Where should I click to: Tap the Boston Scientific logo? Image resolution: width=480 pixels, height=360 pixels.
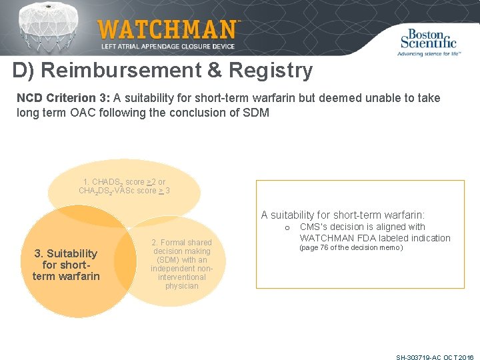click(x=429, y=39)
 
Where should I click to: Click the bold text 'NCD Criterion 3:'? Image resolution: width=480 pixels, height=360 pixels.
click(x=63, y=98)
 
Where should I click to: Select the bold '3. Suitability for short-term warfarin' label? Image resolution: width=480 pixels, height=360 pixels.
click(x=66, y=265)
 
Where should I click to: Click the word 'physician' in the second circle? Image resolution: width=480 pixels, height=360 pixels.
click(x=181, y=286)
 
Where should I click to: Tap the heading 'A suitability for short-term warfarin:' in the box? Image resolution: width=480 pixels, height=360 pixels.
click(x=343, y=215)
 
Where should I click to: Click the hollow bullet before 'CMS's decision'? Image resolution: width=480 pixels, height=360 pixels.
click(x=287, y=228)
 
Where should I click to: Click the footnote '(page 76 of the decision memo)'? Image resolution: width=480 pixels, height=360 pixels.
click(x=351, y=248)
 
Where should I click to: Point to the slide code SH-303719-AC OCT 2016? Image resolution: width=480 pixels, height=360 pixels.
click(x=434, y=357)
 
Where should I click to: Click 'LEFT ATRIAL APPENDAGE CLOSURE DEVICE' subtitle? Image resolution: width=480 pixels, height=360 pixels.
click(x=168, y=47)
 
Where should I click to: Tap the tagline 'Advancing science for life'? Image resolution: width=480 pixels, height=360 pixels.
click(x=429, y=53)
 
